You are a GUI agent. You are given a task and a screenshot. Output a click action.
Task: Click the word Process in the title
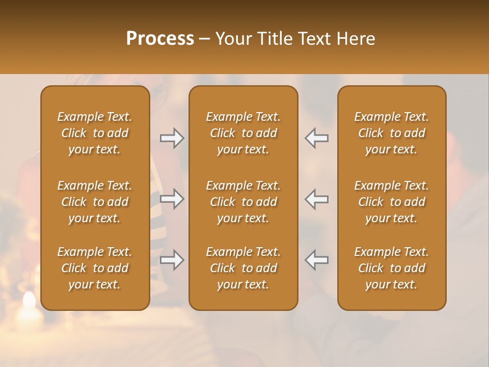(160, 39)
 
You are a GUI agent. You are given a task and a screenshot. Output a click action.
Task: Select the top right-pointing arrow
(172, 138)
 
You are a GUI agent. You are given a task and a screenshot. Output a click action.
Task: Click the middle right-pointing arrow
(172, 199)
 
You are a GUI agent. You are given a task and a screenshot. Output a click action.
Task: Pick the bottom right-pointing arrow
(172, 260)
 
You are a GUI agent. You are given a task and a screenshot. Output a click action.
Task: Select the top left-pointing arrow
(316, 138)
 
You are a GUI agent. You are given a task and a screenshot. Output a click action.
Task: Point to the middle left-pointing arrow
(316, 199)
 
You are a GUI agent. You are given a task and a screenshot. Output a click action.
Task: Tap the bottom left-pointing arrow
(316, 260)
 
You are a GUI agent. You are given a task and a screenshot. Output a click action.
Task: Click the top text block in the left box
(95, 133)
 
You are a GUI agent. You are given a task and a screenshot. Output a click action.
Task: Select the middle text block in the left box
(95, 202)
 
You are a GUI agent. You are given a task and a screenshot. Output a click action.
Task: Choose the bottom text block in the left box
(95, 268)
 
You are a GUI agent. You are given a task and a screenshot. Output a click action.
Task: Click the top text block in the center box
(243, 133)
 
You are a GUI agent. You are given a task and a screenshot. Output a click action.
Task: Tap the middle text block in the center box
(243, 202)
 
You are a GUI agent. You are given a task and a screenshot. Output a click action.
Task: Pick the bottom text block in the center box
(243, 268)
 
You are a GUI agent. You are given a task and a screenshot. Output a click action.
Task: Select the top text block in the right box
(391, 133)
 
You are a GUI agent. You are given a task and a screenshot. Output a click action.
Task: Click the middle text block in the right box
(391, 202)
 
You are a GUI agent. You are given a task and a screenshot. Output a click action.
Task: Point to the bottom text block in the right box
(391, 268)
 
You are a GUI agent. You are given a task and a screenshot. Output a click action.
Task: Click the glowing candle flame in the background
(29, 301)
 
